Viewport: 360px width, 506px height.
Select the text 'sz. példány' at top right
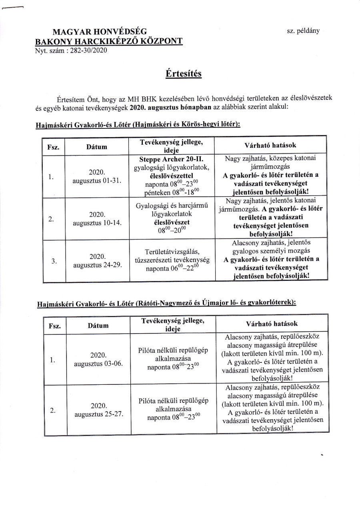(303, 31)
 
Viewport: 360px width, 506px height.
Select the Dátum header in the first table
(97, 147)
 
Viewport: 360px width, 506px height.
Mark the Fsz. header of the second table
(54, 326)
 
